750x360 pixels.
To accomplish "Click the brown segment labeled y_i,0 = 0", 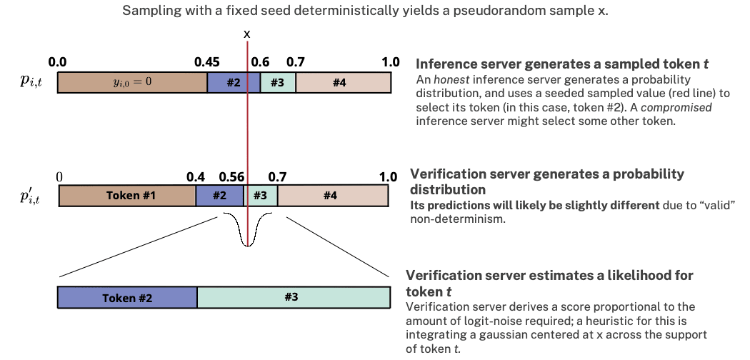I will tap(132, 82).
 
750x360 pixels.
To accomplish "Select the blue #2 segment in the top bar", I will tap(234, 82).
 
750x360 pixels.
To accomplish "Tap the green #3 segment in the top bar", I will tap(278, 82).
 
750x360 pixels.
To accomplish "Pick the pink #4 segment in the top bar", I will tap(343, 82).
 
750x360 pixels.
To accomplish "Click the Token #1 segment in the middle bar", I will tap(127, 195).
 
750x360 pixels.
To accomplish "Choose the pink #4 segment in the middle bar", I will tap(332, 195).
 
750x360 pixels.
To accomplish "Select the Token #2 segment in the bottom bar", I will tap(126, 297).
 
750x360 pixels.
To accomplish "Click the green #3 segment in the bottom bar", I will tap(293, 297).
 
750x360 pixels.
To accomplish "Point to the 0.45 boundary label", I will tap(207, 62).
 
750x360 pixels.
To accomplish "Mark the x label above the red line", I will tap(247, 34).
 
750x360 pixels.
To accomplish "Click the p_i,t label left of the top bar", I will tap(31, 82).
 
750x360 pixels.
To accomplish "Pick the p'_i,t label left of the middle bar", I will tap(31, 195).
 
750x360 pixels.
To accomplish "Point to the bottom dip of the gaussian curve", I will tap(247, 244).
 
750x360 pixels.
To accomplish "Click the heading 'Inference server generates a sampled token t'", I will tap(562, 64).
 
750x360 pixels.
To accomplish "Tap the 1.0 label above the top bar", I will tap(391, 62).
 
